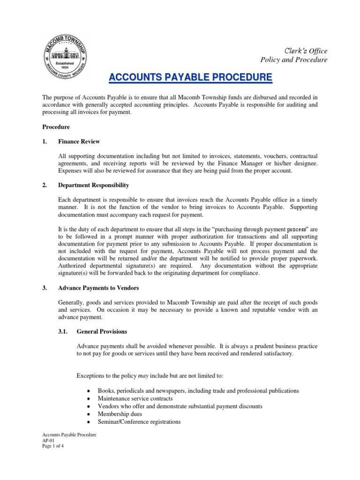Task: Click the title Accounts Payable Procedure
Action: tap(190, 77)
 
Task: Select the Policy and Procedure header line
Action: tap(294, 60)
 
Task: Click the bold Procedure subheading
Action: tap(57, 127)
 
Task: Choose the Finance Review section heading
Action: tap(79, 141)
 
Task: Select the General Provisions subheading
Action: tap(102, 331)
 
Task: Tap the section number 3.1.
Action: tap(63, 331)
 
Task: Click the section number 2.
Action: tap(45, 185)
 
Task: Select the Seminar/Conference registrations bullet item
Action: tap(139, 421)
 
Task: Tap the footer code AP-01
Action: tap(49, 441)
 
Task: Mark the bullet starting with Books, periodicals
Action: tap(198, 391)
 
